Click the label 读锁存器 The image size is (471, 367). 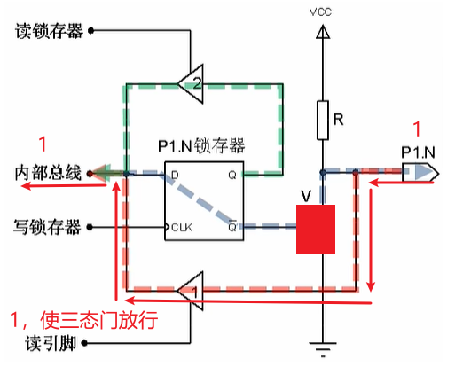tap(50, 31)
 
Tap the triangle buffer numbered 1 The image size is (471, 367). tap(187, 289)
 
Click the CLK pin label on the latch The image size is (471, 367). tap(182, 227)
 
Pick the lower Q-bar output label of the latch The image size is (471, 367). tap(232, 226)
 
